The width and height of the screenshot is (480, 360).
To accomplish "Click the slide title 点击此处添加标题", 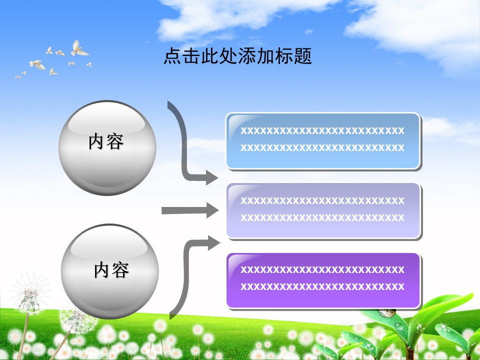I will pyautogui.click(x=238, y=56).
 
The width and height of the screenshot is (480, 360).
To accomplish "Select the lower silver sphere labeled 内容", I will pyautogui.click(x=110, y=272).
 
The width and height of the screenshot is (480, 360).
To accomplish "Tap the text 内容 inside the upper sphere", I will pyautogui.click(x=106, y=142).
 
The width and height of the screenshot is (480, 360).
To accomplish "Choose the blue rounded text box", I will pyautogui.click(x=323, y=140).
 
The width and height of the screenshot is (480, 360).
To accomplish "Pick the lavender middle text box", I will pyautogui.click(x=323, y=210).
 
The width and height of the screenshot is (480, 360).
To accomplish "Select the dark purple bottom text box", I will pyautogui.click(x=323, y=280).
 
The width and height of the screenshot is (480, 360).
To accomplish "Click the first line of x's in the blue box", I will pyautogui.click(x=322, y=131).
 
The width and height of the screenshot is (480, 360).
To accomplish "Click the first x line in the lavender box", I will pyautogui.click(x=322, y=200).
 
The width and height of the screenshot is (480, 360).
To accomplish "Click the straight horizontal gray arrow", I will pyautogui.click(x=189, y=210).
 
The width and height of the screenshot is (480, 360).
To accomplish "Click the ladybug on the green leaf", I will pyautogui.click(x=387, y=313).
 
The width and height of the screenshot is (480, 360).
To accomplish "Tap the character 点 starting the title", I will pyautogui.click(x=171, y=56).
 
